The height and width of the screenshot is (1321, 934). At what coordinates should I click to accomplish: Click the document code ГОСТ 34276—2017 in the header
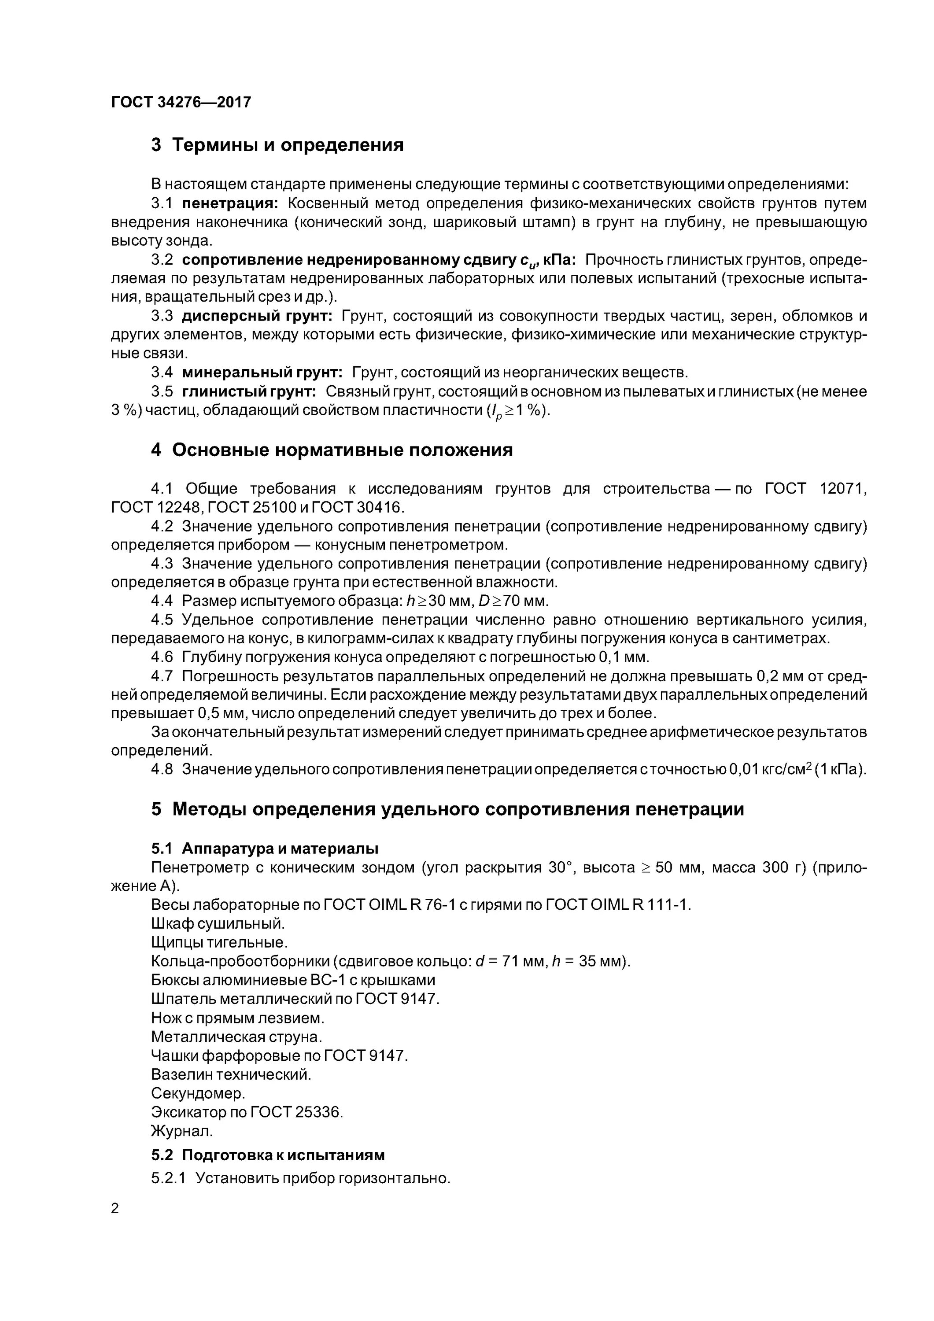(181, 103)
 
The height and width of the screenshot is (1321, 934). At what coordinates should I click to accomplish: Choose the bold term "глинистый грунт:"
(249, 391)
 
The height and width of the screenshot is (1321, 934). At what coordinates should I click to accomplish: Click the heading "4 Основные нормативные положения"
(332, 449)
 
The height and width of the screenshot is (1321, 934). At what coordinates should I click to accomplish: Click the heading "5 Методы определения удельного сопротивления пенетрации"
(447, 809)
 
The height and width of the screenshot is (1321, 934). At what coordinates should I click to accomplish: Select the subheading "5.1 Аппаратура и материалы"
(265, 848)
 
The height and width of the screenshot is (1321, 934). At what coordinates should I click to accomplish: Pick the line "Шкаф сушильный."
(218, 923)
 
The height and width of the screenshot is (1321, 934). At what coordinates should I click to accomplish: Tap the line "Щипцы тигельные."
(219, 942)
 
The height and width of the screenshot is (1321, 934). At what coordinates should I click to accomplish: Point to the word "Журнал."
(182, 1131)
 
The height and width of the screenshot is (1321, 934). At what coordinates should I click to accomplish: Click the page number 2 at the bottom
(115, 1208)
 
